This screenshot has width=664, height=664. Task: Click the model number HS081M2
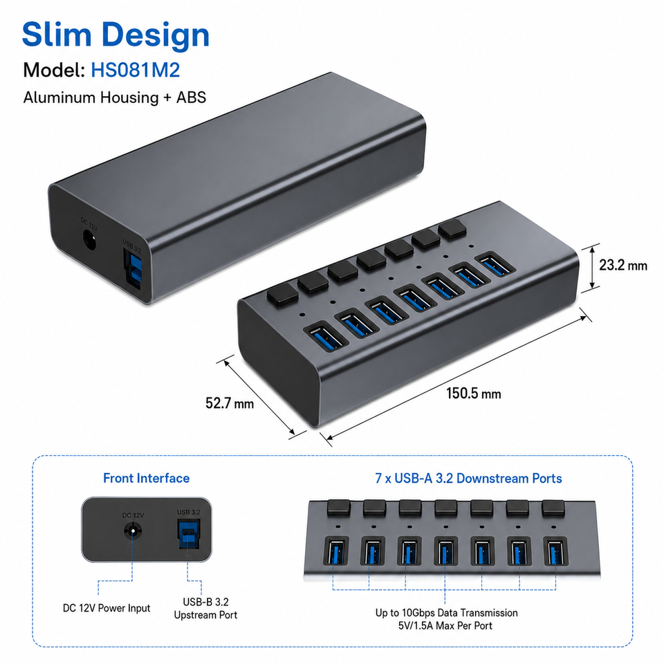136,70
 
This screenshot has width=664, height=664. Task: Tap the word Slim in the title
57,35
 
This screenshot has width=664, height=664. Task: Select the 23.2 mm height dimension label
623,265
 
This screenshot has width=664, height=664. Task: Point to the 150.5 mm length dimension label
473,394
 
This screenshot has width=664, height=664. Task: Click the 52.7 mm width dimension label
230,403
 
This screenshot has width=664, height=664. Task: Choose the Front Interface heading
146,478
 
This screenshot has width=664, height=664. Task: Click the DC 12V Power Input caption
107,608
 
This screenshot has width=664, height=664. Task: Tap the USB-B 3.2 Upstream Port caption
205,609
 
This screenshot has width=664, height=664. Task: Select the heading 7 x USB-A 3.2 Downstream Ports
468,478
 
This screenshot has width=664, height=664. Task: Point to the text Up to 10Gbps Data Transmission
446,613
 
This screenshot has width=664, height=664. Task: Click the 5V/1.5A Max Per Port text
445,625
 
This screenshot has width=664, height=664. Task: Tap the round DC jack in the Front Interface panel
133,531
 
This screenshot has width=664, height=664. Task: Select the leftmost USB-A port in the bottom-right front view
336,551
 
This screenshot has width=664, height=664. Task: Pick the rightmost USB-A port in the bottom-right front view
555,551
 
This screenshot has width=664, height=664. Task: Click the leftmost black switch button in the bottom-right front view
338,507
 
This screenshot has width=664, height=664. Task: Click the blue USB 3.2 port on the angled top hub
133,268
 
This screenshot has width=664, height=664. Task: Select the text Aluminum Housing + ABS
114,98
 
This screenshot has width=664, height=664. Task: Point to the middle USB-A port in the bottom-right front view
445,551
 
